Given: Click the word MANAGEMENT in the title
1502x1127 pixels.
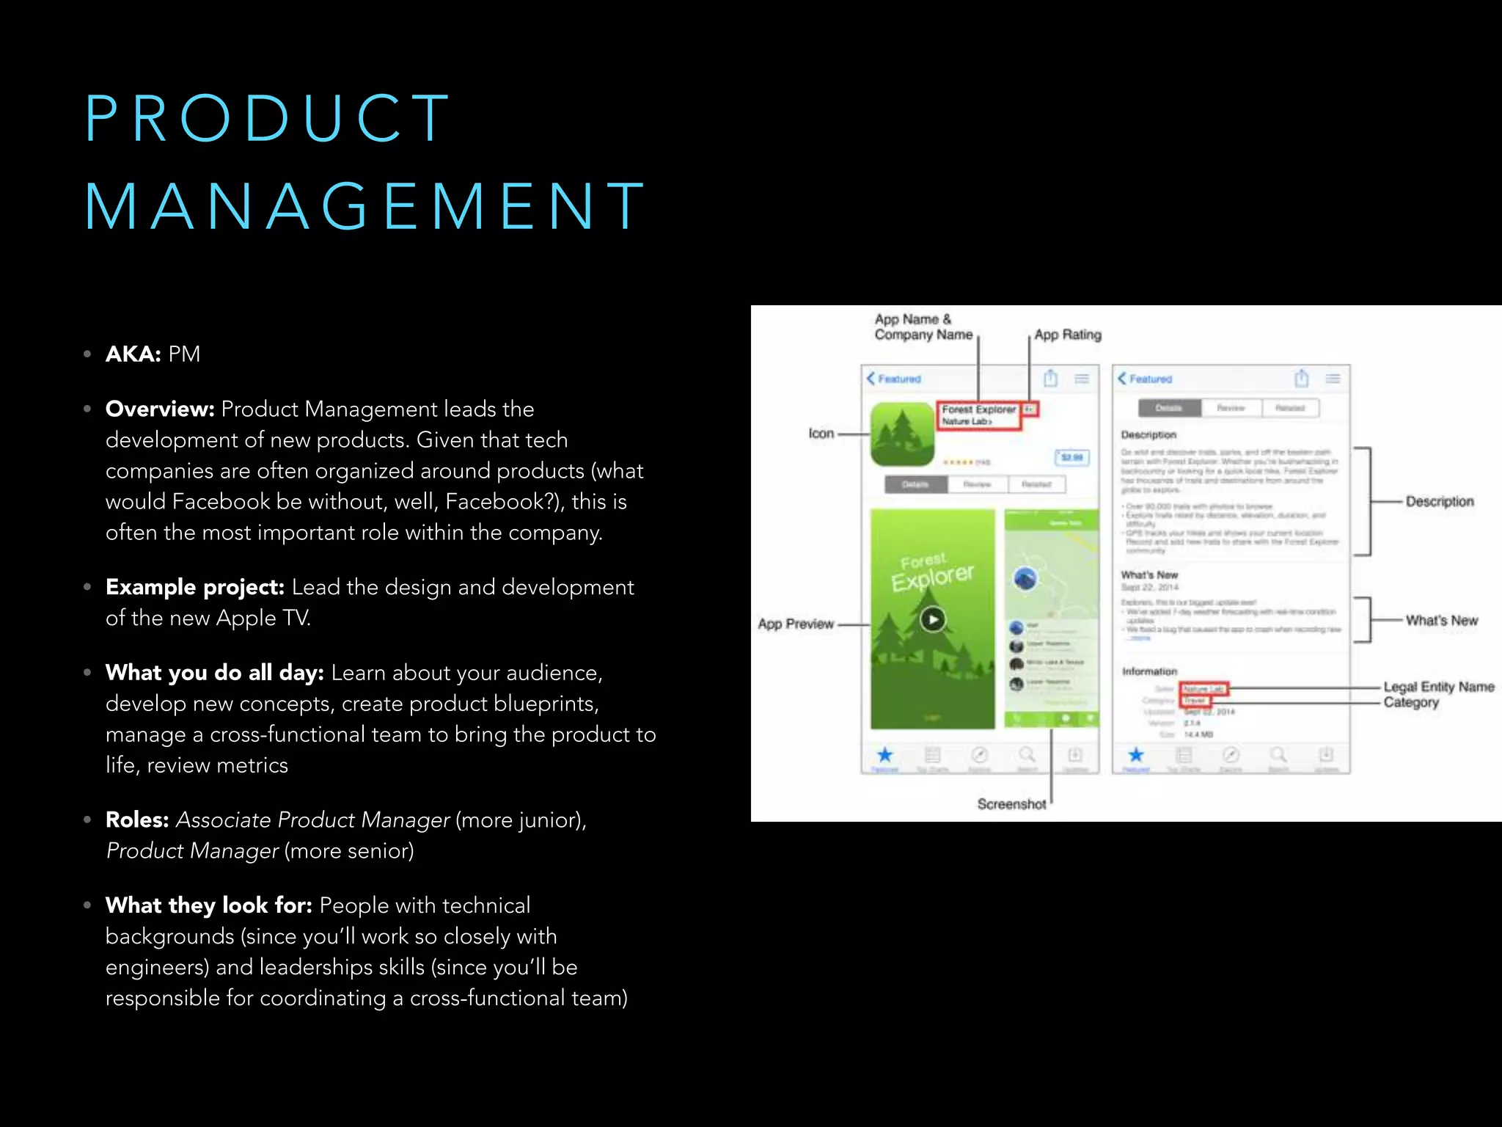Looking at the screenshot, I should pyautogui.click(x=364, y=207).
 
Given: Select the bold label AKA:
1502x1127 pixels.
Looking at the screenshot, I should pyautogui.click(x=133, y=354).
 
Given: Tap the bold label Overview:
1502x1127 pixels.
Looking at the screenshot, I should pyautogui.click(x=160, y=409).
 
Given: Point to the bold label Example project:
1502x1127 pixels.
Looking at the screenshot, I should pyautogui.click(x=195, y=588).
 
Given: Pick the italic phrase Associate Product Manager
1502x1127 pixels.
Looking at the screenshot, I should pyautogui.click(x=313, y=820).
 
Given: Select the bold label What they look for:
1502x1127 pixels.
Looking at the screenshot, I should pyautogui.click(x=209, y=906).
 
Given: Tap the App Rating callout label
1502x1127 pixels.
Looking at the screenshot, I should pyautogui.click(x=1068, y=335).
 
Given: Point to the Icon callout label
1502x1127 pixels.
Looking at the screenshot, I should pyautogui.click(x=821, y=434).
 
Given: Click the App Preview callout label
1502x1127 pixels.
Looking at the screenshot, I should pyautogui.click(x=796, y=624).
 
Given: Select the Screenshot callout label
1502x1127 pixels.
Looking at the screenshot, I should pyautogui.click(x=1011, y=804).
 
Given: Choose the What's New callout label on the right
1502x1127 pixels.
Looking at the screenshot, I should pyautogui.click(x=1441, y=621).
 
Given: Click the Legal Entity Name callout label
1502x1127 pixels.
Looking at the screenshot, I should pyautogui.click(x=1438, y=687).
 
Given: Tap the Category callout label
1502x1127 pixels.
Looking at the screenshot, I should pyautogui.click(x=1411, y=703).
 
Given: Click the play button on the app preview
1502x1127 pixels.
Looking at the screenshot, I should pyautogui.click(x=933, y=620).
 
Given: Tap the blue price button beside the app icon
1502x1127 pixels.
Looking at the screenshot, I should pyautogui.click(x=1071, y=457).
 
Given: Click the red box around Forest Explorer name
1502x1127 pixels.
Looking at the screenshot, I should pyautogui.click(x=978, y=415).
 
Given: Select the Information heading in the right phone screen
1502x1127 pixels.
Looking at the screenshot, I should pyautogui.click(x=1149, y=671).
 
